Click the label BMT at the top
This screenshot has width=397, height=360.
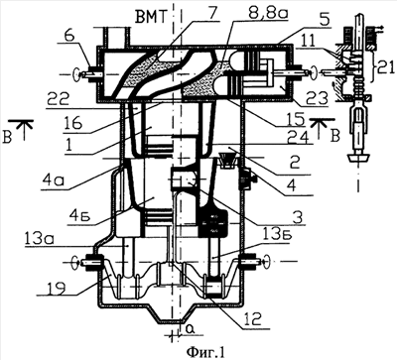[150, 14]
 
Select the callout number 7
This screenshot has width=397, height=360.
[212, 13]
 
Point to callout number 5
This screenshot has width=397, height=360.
[325, 21]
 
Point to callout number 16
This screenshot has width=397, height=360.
[76, 124]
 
